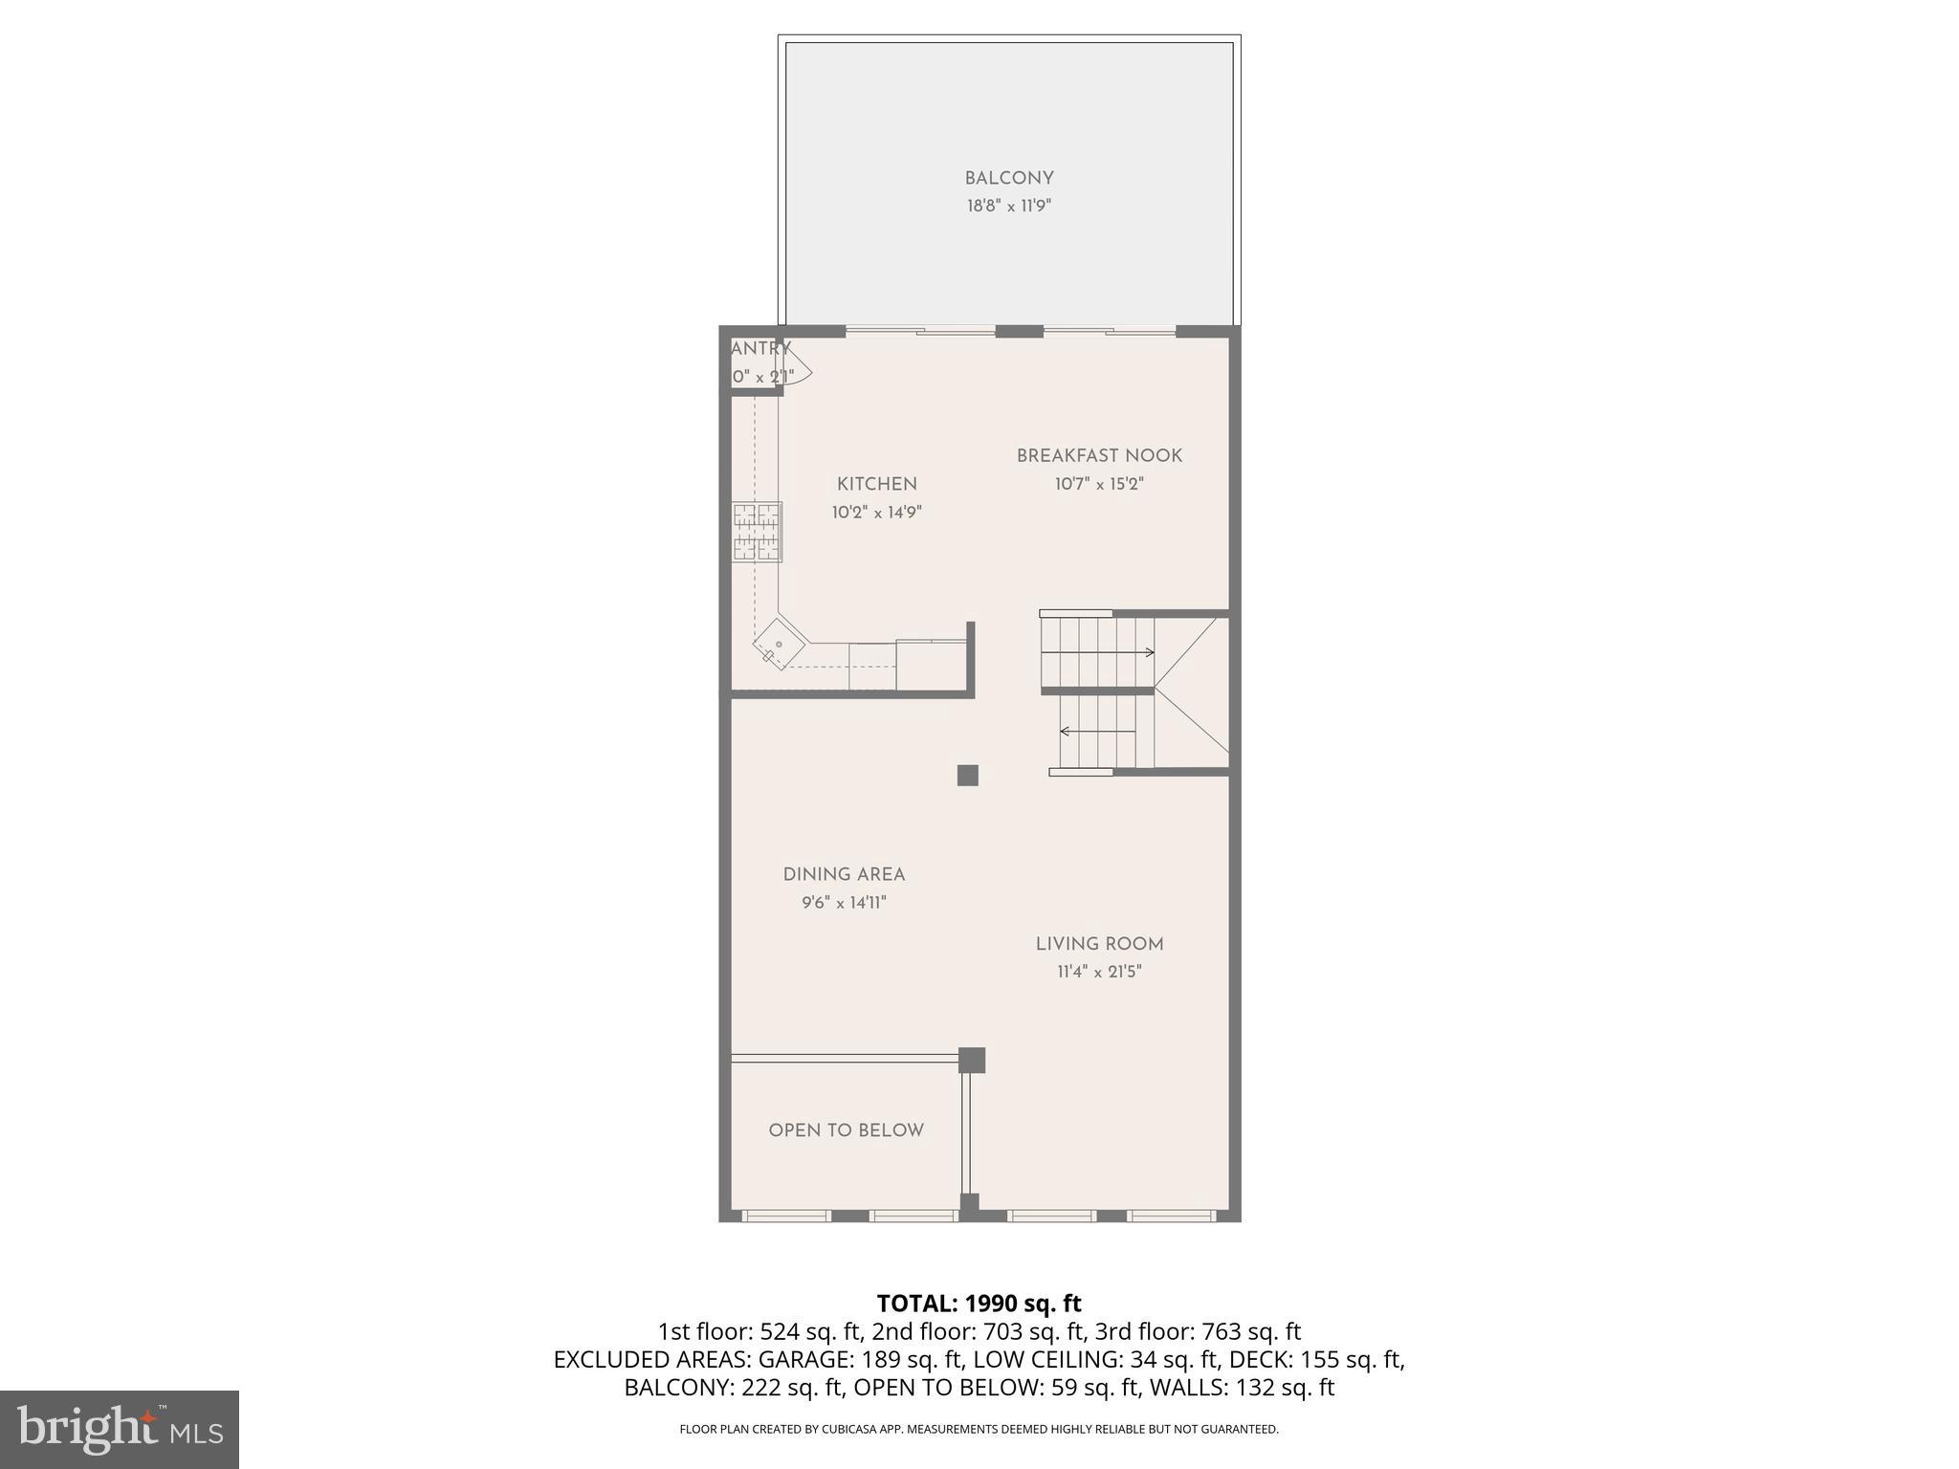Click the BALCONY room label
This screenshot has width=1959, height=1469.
point(1008,179)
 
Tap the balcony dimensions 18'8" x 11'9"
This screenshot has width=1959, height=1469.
point(1008,206)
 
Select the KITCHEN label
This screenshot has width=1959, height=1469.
point(876,485)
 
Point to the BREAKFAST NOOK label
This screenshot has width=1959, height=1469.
point(1099,456)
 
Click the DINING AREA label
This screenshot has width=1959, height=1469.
point(844,874)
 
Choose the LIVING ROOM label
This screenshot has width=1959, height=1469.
point(1099,944)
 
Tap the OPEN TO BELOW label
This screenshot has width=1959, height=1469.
point(846,1130)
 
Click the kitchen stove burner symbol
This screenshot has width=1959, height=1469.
point(757,532)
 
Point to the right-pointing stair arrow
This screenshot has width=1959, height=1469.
point(1097,652)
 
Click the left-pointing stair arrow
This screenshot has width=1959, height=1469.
point(1097,732)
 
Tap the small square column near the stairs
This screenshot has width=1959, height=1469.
point(967,775)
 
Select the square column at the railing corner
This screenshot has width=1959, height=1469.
point(972,1060)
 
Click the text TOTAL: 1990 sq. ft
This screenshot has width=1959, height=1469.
point(979,1304)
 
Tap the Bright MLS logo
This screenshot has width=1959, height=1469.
point(120,1430)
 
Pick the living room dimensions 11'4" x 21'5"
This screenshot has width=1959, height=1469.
point(1099,973)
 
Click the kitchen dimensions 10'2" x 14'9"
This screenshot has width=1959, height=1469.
point(876,513)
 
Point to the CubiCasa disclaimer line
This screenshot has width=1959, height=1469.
point(979,1430)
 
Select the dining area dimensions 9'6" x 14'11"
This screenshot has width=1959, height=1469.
point(844,903)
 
